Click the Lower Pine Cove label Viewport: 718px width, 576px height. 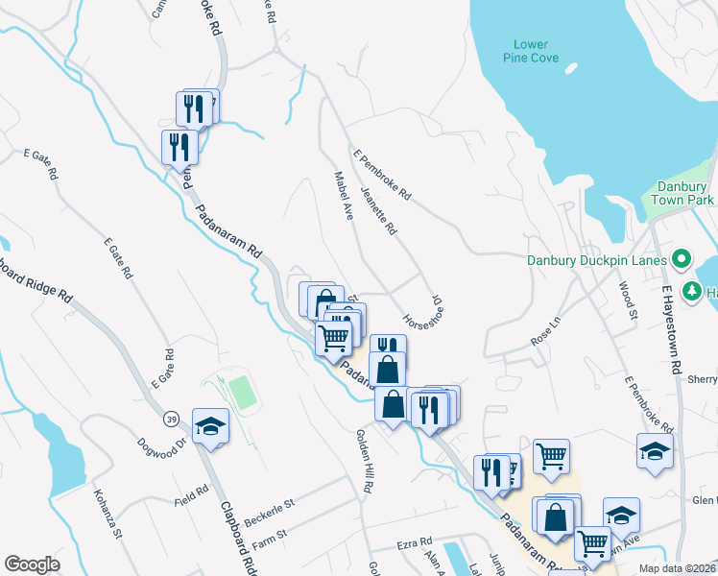[x=530, y=51]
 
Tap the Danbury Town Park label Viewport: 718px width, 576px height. [x=685, y=193]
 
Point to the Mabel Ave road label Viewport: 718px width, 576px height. [x=344, y=195]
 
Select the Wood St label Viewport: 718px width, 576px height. [x=628, y=299]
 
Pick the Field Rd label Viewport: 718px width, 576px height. [x=191, y=494]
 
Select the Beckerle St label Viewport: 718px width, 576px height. [x=269, y=506]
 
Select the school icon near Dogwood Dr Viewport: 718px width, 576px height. [x=211, y=426]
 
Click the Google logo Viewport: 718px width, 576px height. [x=32, y=564]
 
